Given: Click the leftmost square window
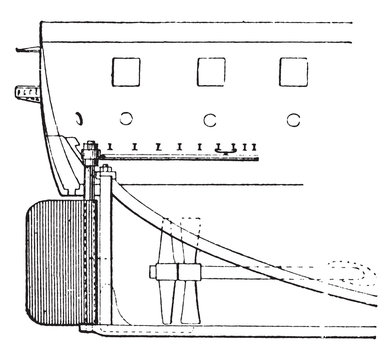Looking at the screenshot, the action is point(126,72).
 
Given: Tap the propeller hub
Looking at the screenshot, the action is point(175,271).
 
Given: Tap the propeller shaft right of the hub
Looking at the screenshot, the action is point(250,271).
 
